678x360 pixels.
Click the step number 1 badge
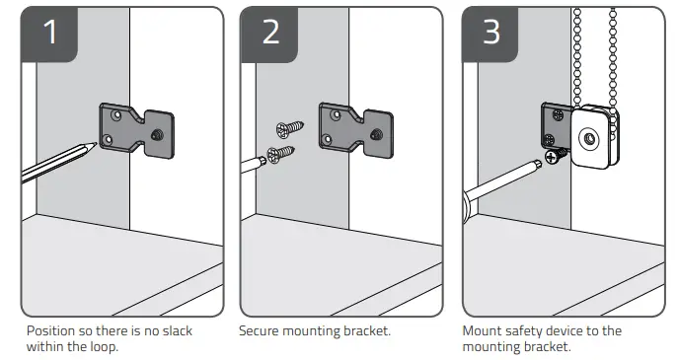tap(49, 34)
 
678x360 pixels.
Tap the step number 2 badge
tap(269, 34)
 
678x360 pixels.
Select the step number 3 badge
tap(490, 34)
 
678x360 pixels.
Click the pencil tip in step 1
tap(95, 145)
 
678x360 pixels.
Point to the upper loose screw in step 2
tap(289, 129)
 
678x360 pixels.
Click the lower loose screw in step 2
tap(280, 154)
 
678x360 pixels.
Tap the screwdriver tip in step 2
tap(263, 161)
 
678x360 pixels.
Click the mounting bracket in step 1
tap(136, 130)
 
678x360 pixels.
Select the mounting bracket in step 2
tap(356, 130)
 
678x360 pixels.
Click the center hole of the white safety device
tap(589, 139)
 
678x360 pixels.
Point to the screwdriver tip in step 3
tap(538, 163)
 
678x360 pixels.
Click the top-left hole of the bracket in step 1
tap(115, 115)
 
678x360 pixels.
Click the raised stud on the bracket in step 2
tap(376, 134)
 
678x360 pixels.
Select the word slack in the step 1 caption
tap(177, 331)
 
